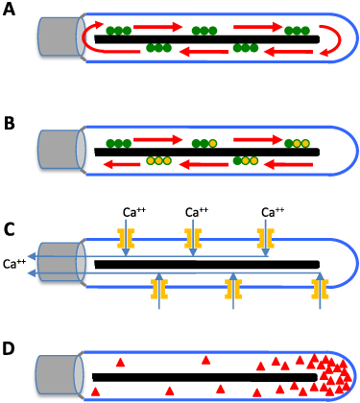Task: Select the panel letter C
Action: point(10,231)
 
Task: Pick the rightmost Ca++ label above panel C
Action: point(274,213)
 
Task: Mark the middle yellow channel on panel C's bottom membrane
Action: point(230,286)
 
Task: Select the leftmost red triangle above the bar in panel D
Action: point(120,362)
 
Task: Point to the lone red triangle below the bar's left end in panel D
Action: point(95,391)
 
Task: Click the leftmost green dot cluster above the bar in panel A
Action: point(119,31)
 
